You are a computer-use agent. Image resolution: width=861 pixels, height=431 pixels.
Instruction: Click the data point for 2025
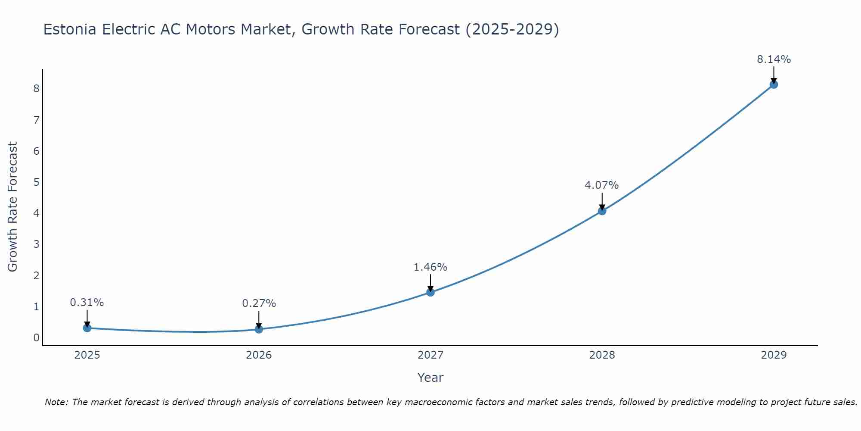pyautogui.click(x=87, y=328)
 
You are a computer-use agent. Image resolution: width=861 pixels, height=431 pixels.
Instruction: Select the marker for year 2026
pyautogui.click(x=259, y=329)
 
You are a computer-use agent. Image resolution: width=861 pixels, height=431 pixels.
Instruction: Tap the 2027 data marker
pyautogui.click(x=430, y=292)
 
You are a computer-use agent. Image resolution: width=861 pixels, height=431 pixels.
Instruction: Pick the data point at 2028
pyautogui.click(x=602, y=211)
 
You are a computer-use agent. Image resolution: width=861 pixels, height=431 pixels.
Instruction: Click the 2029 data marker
pyautogui.click(x=774, y=84)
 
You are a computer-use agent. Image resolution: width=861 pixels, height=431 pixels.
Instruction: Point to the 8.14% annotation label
pyautogui.click(x=774, y=59)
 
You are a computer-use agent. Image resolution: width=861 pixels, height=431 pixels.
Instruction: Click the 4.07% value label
pyautogui.click(x=601, y=185)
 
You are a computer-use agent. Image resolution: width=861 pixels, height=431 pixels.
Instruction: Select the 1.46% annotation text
pyautogui.click(x=430, y=267)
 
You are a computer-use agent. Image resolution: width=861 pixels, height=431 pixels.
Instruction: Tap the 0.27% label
pyautogui.click(x=259, y=303)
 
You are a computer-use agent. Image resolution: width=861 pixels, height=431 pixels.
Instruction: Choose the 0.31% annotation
pyautogui.click(x=87, y=303)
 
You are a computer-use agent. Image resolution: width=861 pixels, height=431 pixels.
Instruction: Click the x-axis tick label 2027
pyautogui.click(x=430, y=355)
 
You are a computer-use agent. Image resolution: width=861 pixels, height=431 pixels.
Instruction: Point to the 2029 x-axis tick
pyautogui.click(x=774, y=355)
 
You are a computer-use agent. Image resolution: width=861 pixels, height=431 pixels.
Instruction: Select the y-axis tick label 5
pyautogui.click(x=36, y=182)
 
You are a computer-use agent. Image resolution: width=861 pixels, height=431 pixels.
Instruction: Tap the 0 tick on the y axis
pyautogui.click(x=36, y=338)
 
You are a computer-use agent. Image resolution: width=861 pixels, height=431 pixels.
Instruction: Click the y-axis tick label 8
pyautogui.click(x=36, y=89)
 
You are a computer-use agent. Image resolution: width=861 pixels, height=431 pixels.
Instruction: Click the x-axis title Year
pyautogui.click(x=430, y=378)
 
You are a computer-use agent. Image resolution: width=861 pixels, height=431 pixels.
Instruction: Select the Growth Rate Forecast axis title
pyautogui.click(x=13, y=207)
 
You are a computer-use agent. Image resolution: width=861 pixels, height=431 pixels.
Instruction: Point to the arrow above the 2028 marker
pyautogui.click(x=602, y=201)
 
